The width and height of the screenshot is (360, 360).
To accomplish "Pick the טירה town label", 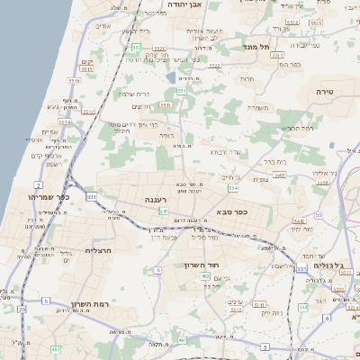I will [325, 92].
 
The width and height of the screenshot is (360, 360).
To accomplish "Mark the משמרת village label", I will [258, 108].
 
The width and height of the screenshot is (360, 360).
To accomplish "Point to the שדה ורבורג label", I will [224, 152].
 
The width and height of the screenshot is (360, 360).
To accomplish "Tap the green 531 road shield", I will [91, 195].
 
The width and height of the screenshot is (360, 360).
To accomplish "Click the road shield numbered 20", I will [22, 309].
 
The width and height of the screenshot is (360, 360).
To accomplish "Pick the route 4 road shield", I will [157, 269].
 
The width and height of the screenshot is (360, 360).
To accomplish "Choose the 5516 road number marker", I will [74, 81].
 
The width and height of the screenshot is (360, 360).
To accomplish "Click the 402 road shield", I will [206, 274].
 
